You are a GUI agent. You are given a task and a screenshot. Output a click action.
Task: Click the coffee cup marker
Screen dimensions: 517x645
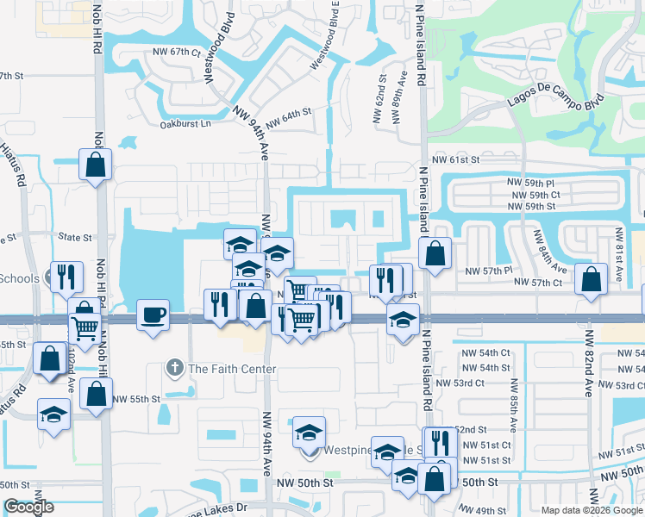click(x=153, y=314)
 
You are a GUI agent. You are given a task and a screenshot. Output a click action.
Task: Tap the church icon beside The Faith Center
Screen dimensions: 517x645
click(x=174, y=369)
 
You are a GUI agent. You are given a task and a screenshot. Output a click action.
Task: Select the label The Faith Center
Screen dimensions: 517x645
click(x=232, y=369)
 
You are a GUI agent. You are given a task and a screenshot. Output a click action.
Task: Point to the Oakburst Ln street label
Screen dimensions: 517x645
click(x=185, y=123)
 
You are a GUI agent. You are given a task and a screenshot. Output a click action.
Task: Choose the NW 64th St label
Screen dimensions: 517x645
click(x=288, y=118)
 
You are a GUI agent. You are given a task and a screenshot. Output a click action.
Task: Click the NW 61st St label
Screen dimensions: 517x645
click(x=455, y=160)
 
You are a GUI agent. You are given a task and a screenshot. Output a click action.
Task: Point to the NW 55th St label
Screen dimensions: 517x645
click(x=140, y=399)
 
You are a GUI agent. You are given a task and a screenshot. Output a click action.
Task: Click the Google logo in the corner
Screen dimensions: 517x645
click(x=28, y=507)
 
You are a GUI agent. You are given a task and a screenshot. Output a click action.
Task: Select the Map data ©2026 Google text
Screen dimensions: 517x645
click(x=590, y=509)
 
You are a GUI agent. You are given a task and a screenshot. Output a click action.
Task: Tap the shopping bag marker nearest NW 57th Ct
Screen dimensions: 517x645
click(x=591, y=279)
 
